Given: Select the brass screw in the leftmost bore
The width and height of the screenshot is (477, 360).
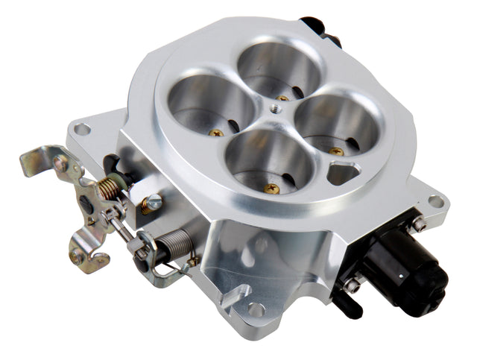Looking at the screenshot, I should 217,133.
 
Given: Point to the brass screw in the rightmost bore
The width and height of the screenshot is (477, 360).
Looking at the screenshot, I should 337,151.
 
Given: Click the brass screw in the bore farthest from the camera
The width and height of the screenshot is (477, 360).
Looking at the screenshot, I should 282,98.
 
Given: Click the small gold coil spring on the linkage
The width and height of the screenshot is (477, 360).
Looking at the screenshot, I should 110,188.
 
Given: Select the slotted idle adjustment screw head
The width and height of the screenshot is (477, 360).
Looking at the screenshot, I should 153,200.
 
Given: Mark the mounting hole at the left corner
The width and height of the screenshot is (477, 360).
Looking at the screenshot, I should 82,129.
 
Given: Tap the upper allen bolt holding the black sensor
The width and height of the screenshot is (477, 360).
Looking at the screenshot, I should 420,224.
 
